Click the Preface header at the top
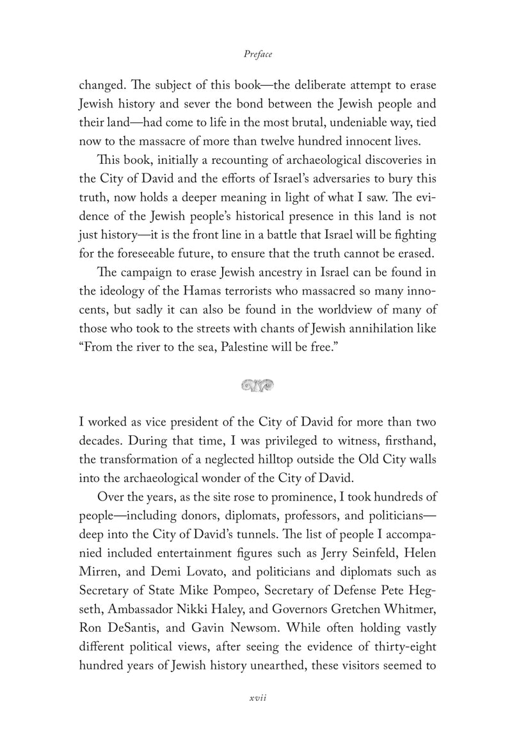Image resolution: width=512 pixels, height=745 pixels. (x=258, y=55)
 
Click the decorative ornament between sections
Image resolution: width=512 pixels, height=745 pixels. (x=257, y=385)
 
